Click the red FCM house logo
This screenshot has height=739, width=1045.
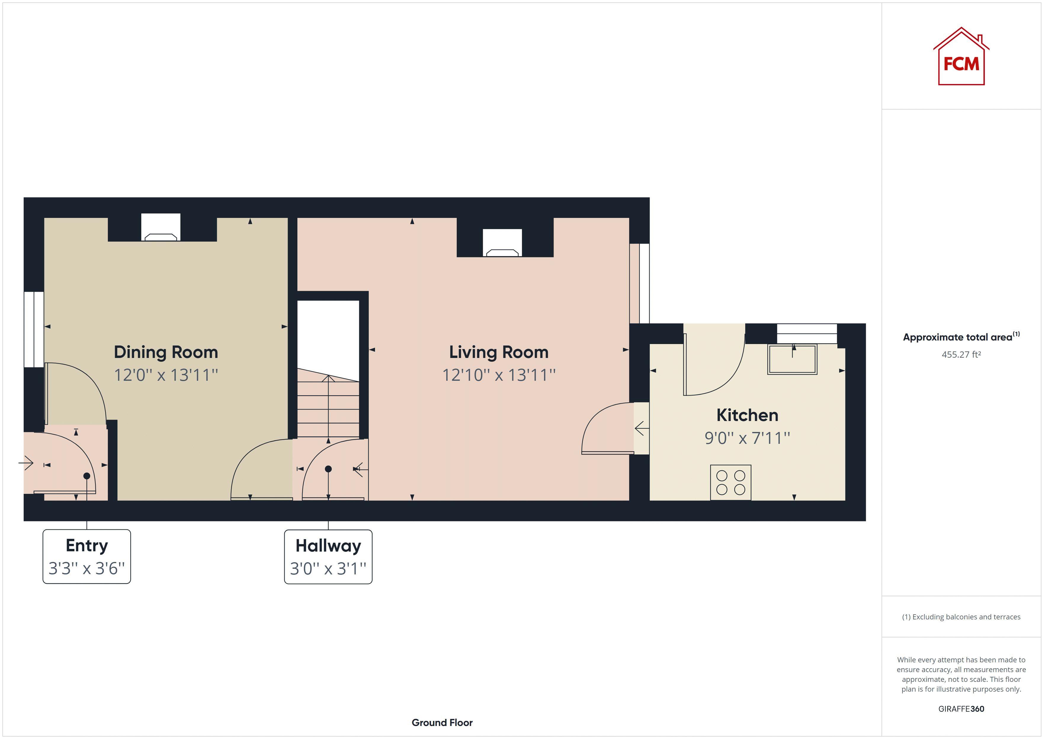coord(961,57)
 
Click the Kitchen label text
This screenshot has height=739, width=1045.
coord(747,415)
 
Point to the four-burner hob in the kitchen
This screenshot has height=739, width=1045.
coord(730,482)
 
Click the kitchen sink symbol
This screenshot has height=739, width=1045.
coord(792,359)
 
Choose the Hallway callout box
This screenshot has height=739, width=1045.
coord(328,557)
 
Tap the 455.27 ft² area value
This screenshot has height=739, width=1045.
coord(961,354)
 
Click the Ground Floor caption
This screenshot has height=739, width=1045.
coord(442,723)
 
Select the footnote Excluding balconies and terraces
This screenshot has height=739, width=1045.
coord(961,617)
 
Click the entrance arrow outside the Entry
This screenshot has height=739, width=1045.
coord(26,464)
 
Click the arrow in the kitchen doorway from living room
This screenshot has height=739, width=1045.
coord(642,428)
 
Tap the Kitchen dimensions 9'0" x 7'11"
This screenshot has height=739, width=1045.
coord(747,438)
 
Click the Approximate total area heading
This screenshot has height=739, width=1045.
coord(961,337)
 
